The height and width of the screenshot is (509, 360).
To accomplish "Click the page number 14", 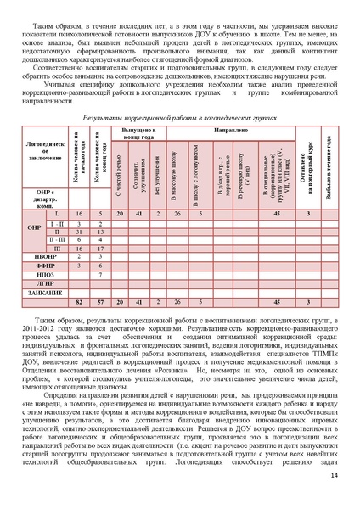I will click(334, 484).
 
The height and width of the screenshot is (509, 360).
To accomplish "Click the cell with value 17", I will click(100, 249).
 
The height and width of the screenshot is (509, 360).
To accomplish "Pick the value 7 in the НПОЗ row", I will click(100, 276).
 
